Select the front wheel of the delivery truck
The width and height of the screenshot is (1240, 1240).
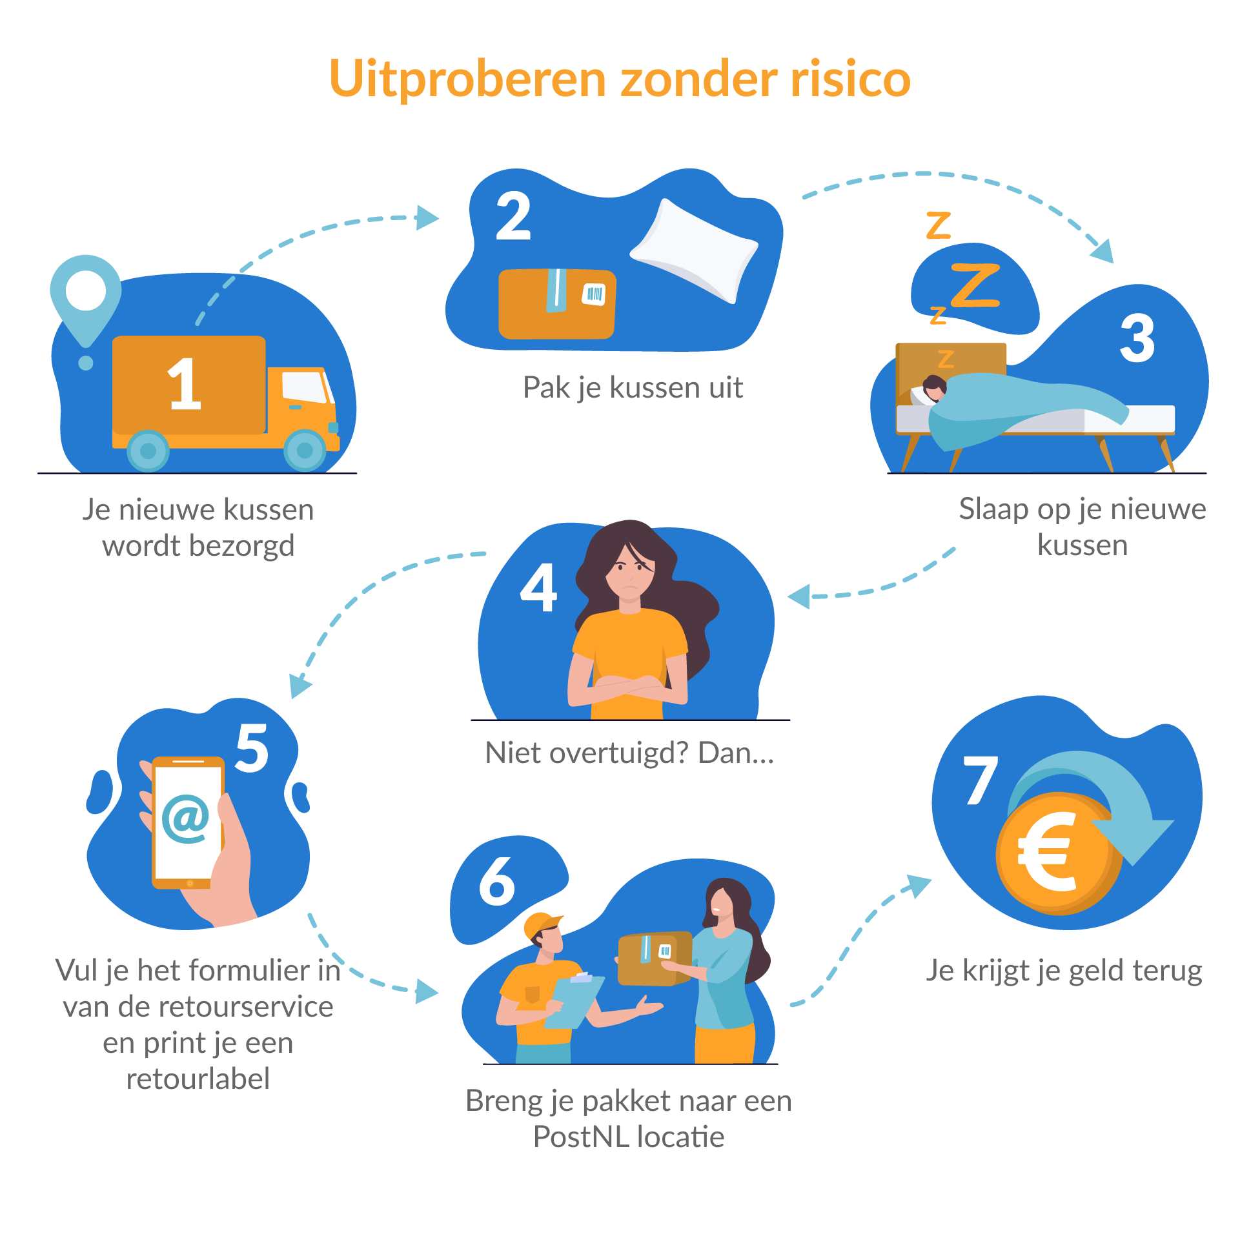305,450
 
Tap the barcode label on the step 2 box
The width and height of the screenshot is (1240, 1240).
594,294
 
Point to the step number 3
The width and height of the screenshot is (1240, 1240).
1137,338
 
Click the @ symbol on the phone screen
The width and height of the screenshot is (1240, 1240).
186,818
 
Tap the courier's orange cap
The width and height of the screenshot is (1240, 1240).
542,924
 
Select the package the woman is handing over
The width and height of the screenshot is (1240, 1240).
654,959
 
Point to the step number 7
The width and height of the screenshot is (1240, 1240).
981,780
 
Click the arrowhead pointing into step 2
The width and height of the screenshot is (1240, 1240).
427,218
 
